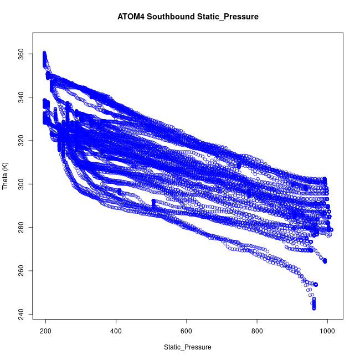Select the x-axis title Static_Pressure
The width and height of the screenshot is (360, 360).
click(x=187, y=347)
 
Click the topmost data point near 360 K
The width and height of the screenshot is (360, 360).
click(x=44, y=54)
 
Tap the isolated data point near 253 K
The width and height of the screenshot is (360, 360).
click(x=315, y=285)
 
